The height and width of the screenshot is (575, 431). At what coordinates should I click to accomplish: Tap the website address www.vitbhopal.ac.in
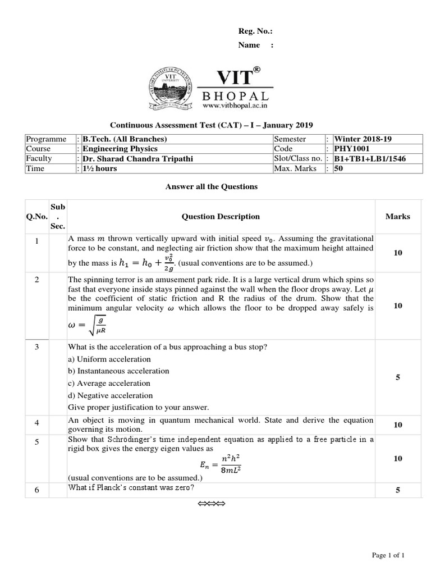[x=235, y=106]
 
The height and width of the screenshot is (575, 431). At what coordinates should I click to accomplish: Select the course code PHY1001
[x=351, y=149]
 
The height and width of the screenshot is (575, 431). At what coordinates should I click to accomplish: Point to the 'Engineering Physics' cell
[x=120, y=149]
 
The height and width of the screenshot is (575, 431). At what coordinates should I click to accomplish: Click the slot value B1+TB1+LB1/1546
[x=370, y=159]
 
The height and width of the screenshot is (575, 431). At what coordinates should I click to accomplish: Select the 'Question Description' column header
[x=221, y=216]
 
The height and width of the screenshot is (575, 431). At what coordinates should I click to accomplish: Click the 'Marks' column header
[x=397, y=216]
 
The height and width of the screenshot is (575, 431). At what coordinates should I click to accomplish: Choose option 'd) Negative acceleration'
[x=109, y=395]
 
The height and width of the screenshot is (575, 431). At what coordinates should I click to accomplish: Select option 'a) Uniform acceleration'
[x=109, y=359]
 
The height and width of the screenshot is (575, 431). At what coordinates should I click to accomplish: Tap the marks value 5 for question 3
[x=397, y=377]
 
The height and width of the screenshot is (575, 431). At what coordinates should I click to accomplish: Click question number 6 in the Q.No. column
[x=36, y=490]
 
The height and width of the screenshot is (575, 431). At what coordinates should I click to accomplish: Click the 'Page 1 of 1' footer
[x=388, y=555]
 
